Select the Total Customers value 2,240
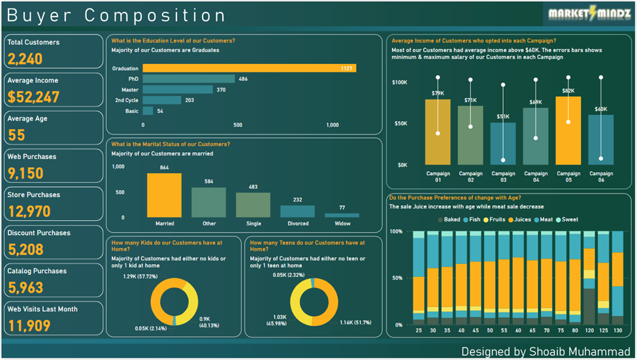point(25,59)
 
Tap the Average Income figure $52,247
point(33,97)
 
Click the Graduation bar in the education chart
point(249,68)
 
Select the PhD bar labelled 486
point(188,79)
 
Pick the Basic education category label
point(131,111)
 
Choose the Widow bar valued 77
point(342,215)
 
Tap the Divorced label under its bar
point(297,223)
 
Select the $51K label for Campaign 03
point(503,117)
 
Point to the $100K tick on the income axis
point(399,82)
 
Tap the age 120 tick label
point(589,331)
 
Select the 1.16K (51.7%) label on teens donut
point(354,322)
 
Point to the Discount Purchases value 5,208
point(26,249)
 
